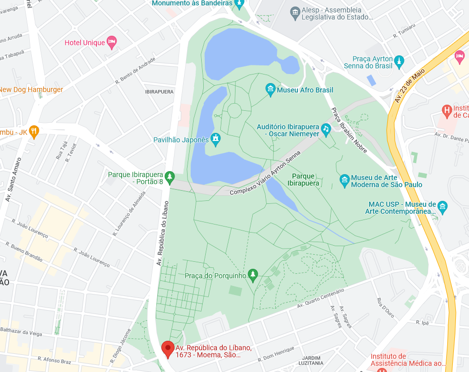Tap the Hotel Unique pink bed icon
point(112,42)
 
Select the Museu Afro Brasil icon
point(270,90)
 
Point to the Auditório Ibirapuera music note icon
point(326,129)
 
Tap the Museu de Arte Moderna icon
point(344,180)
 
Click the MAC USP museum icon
point(442,207)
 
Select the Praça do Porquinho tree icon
point(253,275)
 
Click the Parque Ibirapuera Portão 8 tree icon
point(169,177)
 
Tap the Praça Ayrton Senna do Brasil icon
point(399,61)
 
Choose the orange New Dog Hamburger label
point(31,90)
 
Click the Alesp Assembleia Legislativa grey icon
point(295,12)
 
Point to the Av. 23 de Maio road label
point(409,85)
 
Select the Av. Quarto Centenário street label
point(320,299)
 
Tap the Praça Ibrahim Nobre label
point(348,130)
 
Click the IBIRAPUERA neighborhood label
point(159,92)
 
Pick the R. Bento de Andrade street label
point(135,69)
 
